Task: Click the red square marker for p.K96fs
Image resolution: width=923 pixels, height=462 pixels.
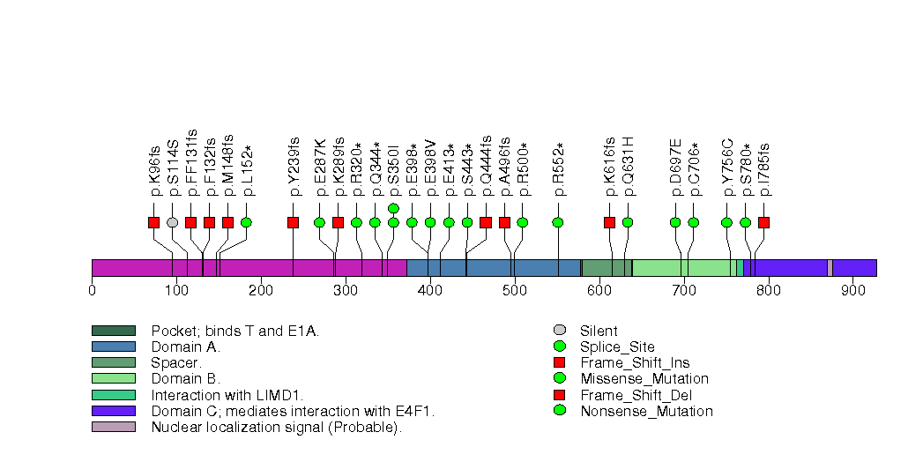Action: pos(154,222)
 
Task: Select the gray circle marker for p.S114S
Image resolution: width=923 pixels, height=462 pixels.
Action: pos(173,222)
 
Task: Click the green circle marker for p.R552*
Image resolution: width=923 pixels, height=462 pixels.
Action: pos(558,222)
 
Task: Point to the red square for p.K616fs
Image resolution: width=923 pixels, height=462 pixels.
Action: pos(609,222)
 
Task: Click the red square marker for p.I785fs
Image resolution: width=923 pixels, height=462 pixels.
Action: pos(763,222)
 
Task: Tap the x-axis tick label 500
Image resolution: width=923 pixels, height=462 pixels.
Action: pos(514,288)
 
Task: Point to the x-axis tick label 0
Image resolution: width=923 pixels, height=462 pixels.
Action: pos(92,288)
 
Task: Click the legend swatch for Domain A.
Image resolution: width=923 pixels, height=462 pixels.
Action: pos(113,346)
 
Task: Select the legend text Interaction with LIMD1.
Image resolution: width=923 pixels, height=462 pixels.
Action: pos(233,394)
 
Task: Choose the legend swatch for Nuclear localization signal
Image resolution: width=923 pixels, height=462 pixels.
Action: pos(113,427)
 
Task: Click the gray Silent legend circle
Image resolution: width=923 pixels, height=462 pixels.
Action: pos(559,331)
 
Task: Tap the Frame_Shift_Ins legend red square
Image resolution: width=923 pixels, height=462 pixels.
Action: pos(559,362)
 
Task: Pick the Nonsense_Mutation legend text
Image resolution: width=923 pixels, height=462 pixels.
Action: pos(646,411)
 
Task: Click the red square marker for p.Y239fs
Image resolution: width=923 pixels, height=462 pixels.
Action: pos(294,222)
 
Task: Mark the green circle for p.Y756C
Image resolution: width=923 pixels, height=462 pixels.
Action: pos(726,222)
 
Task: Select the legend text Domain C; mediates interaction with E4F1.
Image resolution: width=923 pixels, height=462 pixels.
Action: pos(293,411)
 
